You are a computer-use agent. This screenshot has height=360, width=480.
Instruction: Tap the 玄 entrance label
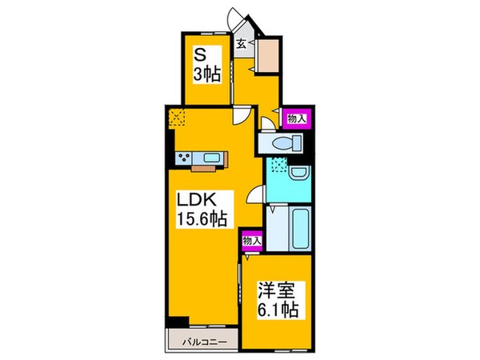241,45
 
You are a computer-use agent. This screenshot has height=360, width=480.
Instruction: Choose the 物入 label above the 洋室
250,240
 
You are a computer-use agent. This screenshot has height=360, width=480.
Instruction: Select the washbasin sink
298,172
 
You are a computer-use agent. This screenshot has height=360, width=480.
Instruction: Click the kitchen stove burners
184,158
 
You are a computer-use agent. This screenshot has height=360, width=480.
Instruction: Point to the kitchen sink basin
210,158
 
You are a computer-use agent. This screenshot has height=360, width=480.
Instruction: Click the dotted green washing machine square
279,166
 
